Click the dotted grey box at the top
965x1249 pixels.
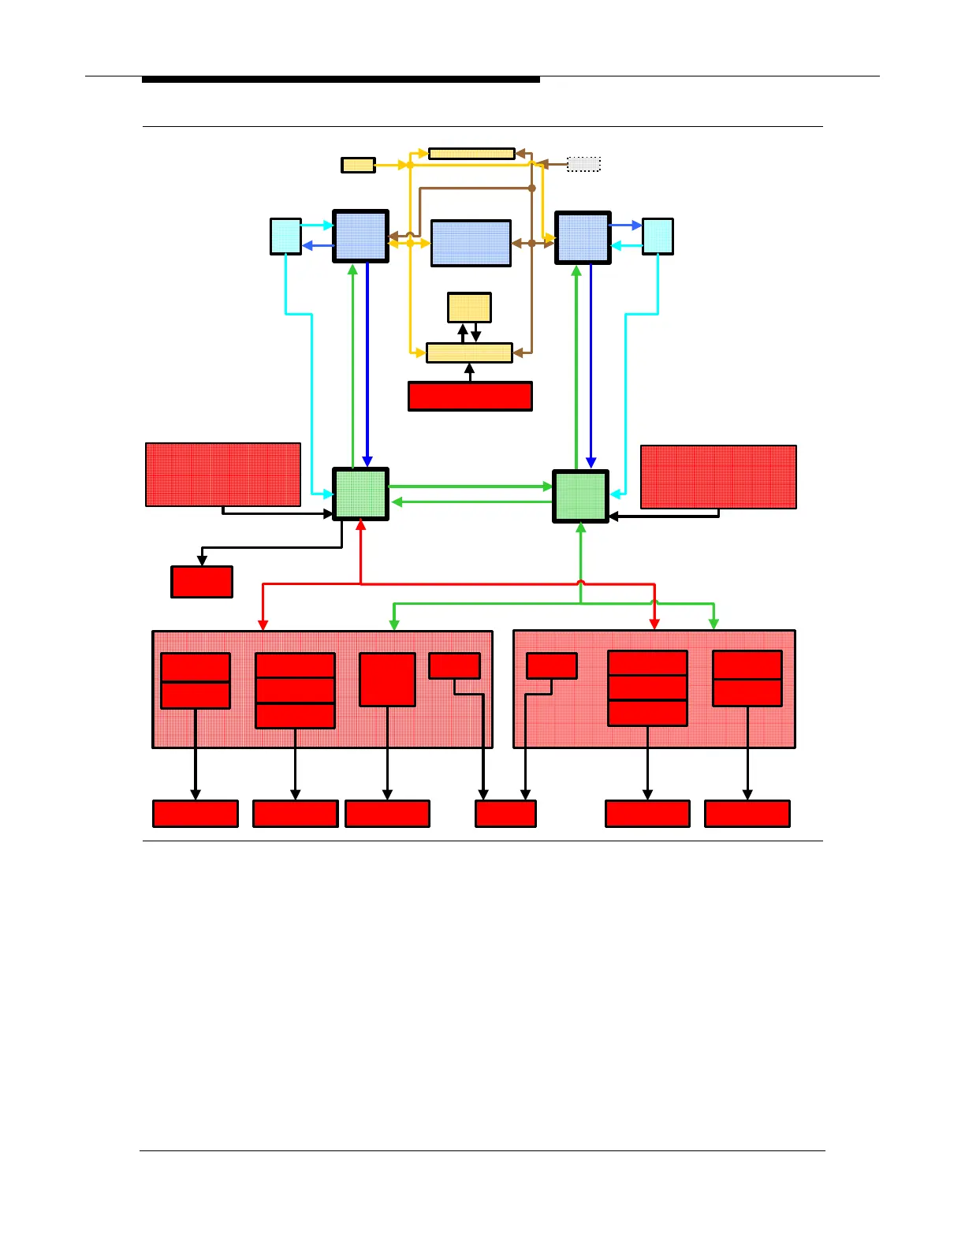tap(583, 164)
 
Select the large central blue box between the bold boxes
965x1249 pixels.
tap(471, 243)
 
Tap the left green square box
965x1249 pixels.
tap(360, 494)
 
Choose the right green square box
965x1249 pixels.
tap(580, 496)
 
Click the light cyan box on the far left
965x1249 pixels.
tap(285, 237)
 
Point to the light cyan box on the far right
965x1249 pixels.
tap(658, 237)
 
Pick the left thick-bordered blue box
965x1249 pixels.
tap(360, 236)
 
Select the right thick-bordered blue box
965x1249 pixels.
tap(583, 237)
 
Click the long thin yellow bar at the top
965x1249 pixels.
tap(471, 154)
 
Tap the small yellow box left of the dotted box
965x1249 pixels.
tap(358, 165)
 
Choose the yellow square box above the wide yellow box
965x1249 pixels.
tap(469, 308)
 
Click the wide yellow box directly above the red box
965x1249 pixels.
tap(469, 352)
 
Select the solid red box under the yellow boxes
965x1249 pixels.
tap(470, 397)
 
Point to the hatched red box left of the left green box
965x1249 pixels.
tap(223, 475)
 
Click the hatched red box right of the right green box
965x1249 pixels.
tap(718, 477)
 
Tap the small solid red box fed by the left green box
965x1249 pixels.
tap(202, 582)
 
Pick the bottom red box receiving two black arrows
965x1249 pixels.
tap(505, 814)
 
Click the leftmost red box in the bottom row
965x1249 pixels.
tap(196, 814)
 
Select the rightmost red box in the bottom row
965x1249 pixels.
tap(747, 814)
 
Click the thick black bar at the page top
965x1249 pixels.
tap(341, 80)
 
